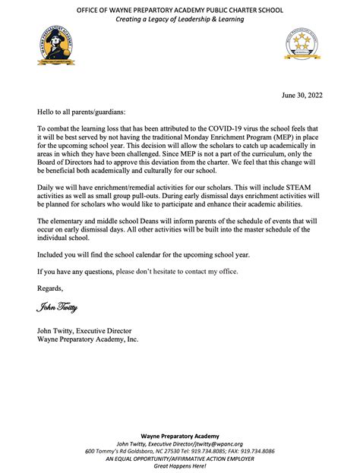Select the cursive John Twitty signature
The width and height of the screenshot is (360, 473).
(56, 307)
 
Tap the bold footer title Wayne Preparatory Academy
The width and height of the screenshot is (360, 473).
(179, 435)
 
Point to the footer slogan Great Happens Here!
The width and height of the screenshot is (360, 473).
(179, 467)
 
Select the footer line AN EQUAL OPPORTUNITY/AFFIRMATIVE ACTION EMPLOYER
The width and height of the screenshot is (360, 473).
(179, 459)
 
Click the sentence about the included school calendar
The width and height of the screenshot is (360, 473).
(141, 254)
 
